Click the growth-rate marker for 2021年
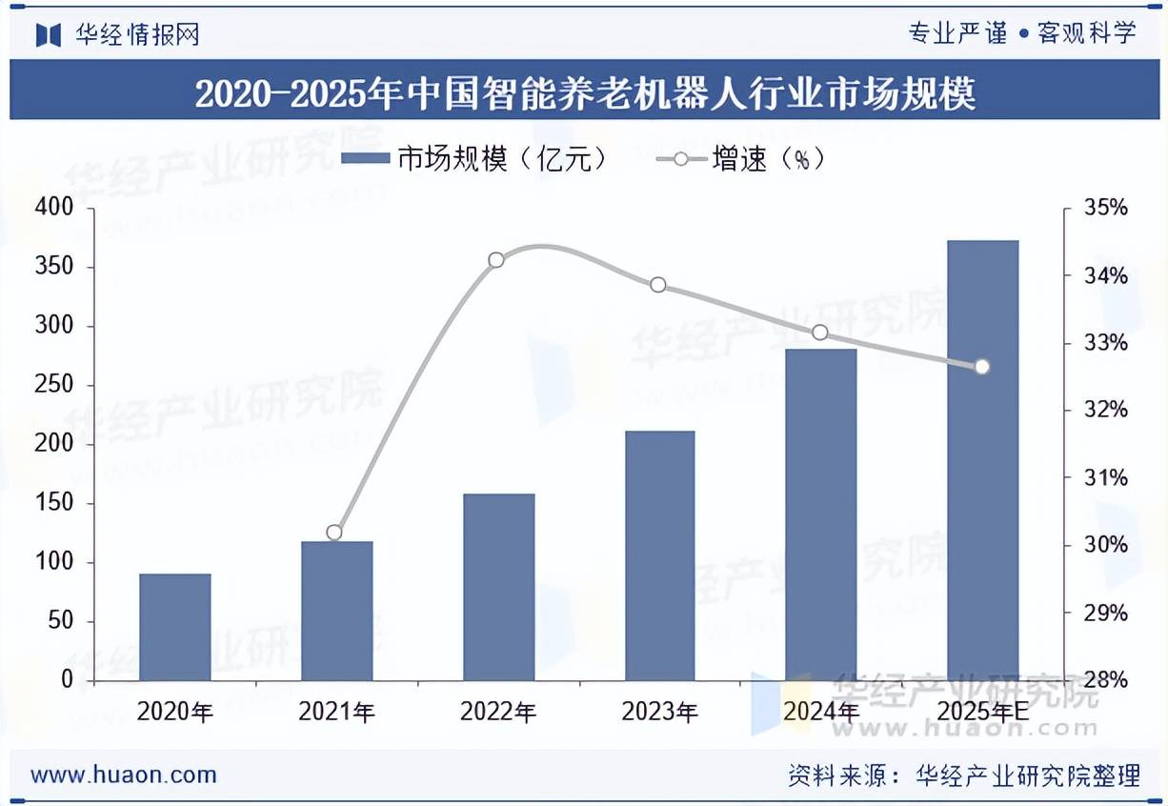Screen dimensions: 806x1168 click(333, 533)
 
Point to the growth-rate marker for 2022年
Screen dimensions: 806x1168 click(495, 260)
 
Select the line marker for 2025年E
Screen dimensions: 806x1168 click(982, 367)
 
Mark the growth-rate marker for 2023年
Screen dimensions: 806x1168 click(657, 285)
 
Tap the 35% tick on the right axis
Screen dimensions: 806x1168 click(1105, 208)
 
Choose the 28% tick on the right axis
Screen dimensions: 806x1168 click(1105, 680)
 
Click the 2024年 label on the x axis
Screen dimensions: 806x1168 click(821, 712)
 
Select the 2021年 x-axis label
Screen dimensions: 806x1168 click(336, 712)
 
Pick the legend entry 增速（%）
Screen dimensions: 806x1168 click(740, 159)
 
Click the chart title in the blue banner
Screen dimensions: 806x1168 click(584, 94)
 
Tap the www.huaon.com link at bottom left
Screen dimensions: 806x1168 click(124, 775)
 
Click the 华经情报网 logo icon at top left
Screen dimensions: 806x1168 click(49, 34)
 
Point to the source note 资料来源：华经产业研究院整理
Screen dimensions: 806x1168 click(963, 776)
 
